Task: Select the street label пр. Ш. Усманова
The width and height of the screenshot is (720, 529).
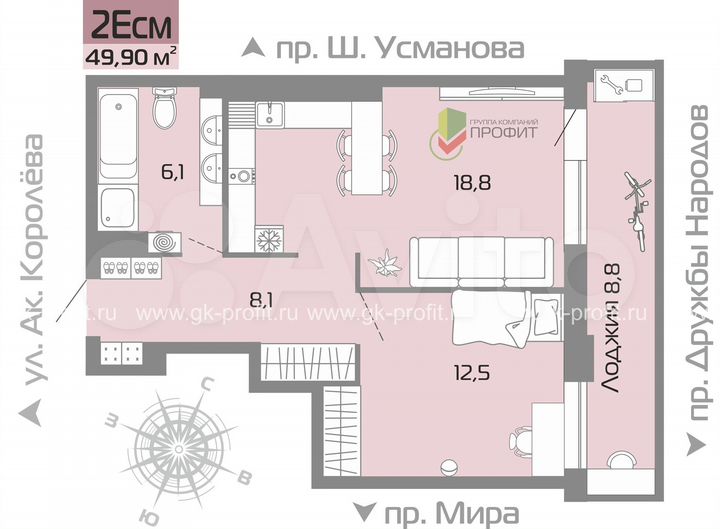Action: tap(384, 48)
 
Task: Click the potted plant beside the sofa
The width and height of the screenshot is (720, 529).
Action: tap(384, 265)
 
